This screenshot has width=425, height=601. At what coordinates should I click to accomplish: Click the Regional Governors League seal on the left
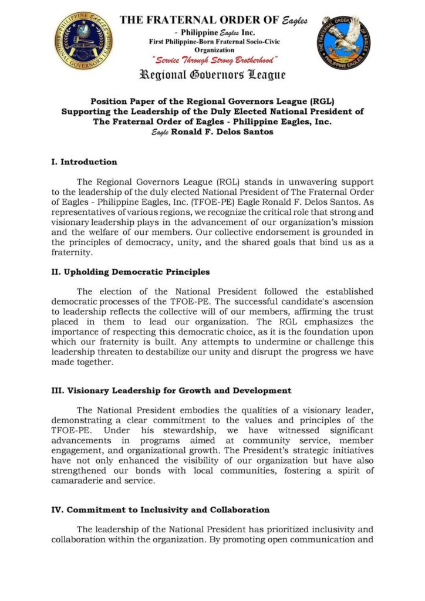coord(84,41)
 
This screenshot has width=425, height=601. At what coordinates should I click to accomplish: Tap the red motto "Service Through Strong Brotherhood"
coord(215,60)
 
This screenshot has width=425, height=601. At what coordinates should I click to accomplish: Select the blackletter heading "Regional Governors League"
coord(212,75)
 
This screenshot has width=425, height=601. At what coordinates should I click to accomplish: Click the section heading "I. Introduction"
coord(84,161)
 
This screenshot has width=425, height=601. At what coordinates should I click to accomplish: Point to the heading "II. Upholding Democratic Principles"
coord(130,272)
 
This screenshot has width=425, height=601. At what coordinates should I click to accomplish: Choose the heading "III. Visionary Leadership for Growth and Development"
coord(171,390)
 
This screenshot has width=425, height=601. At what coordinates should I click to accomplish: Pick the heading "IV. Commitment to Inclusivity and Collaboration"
coord(160,509)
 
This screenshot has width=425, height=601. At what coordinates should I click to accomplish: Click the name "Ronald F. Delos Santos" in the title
coord(224,132)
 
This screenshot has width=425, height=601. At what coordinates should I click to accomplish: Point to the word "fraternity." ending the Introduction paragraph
coord(71,252)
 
